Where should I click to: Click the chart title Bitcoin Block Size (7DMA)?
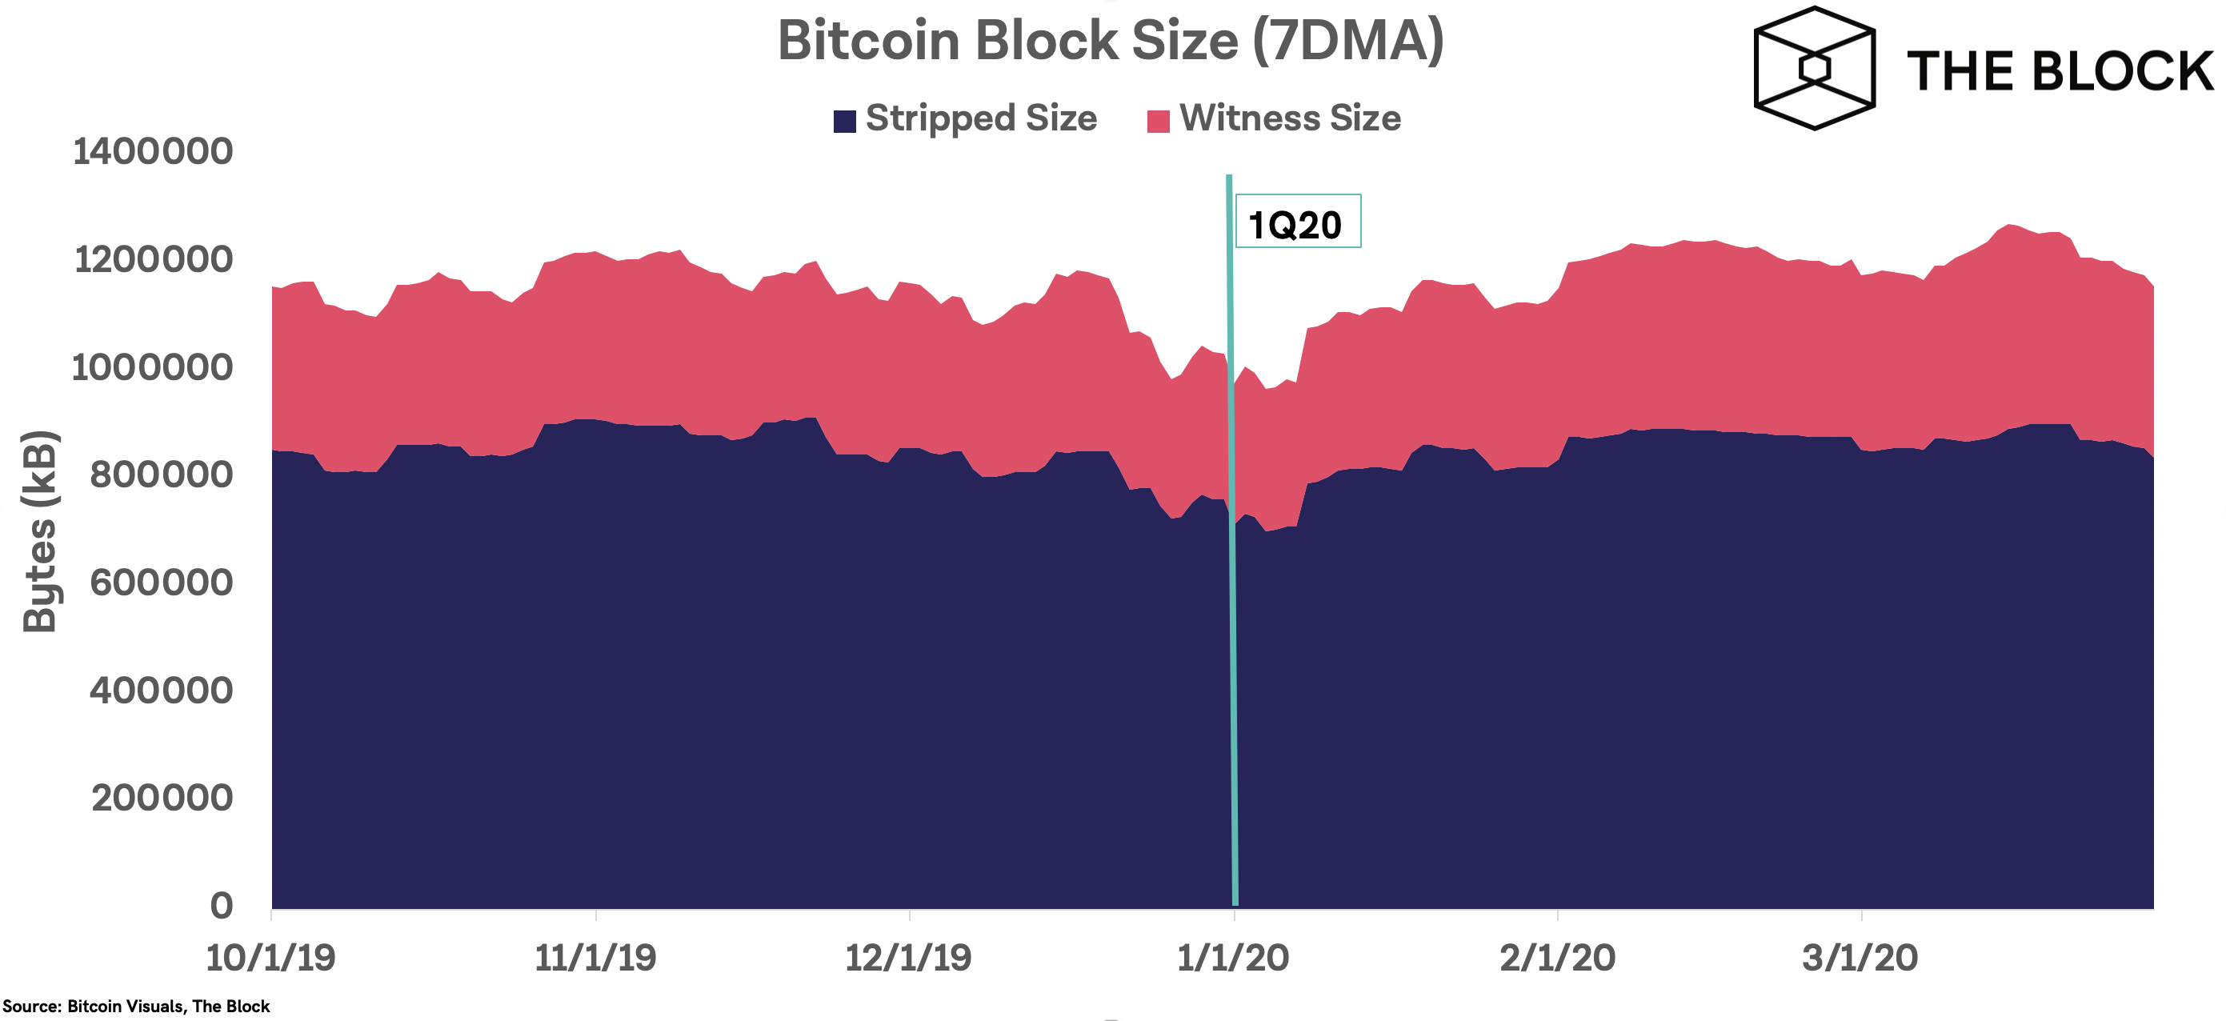1111,41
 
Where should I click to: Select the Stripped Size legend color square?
844,121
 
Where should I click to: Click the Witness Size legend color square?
1158,121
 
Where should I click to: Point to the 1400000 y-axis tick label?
153,152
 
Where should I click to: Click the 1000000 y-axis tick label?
153,368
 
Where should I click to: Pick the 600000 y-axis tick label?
162,583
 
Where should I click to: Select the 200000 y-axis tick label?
162,798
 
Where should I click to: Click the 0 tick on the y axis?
221,905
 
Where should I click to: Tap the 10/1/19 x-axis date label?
270,958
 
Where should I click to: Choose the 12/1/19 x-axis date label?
908,958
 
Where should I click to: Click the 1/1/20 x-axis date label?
1233,958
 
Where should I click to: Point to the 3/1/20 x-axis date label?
1860,958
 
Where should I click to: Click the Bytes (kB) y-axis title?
40,531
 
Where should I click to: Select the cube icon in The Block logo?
1814,68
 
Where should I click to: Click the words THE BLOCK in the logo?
2060,71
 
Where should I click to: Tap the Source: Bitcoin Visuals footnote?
136,1007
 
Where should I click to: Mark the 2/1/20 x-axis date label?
1557,958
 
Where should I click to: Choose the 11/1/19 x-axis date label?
595,958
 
